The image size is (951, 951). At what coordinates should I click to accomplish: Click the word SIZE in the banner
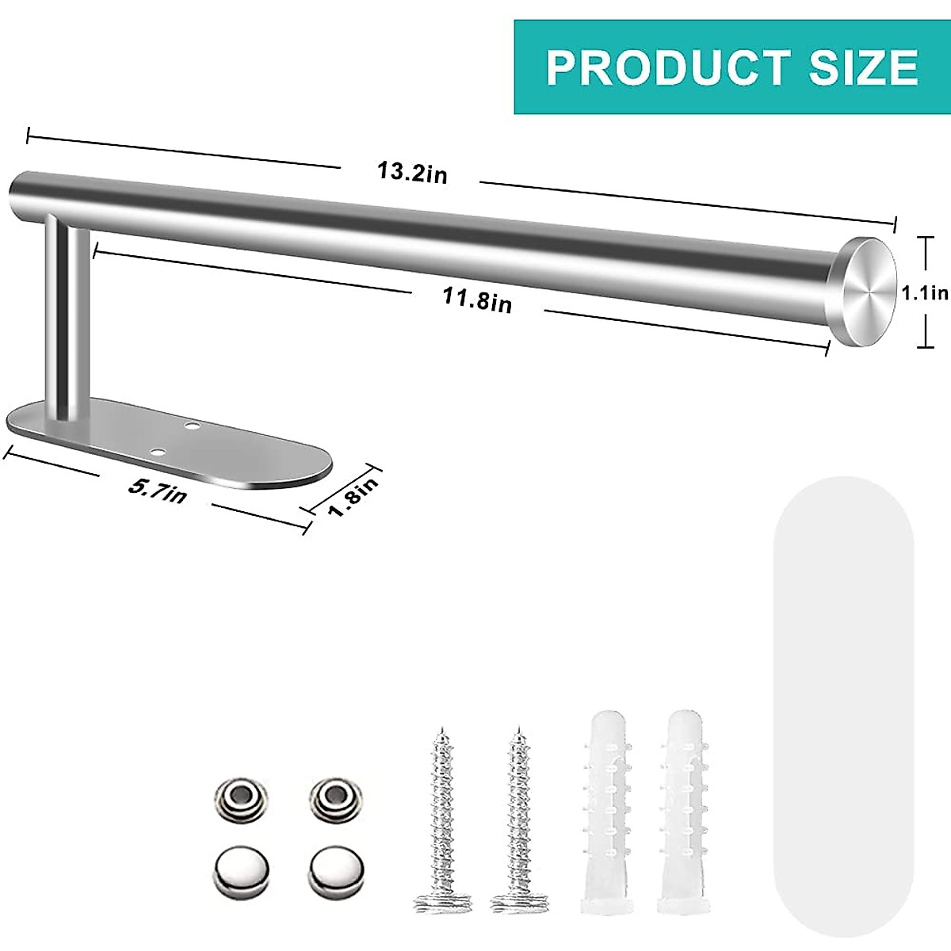(x=863, y=67)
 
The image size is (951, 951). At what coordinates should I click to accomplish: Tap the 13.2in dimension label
(x=411, y=172)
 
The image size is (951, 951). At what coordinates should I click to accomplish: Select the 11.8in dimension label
(x=477, y=300)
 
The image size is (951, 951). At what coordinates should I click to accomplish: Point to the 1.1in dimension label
(x=924, y=293)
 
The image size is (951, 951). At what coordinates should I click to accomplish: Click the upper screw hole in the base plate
(x=191, y=426)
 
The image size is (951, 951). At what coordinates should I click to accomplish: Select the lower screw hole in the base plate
(x=159, y=453)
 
